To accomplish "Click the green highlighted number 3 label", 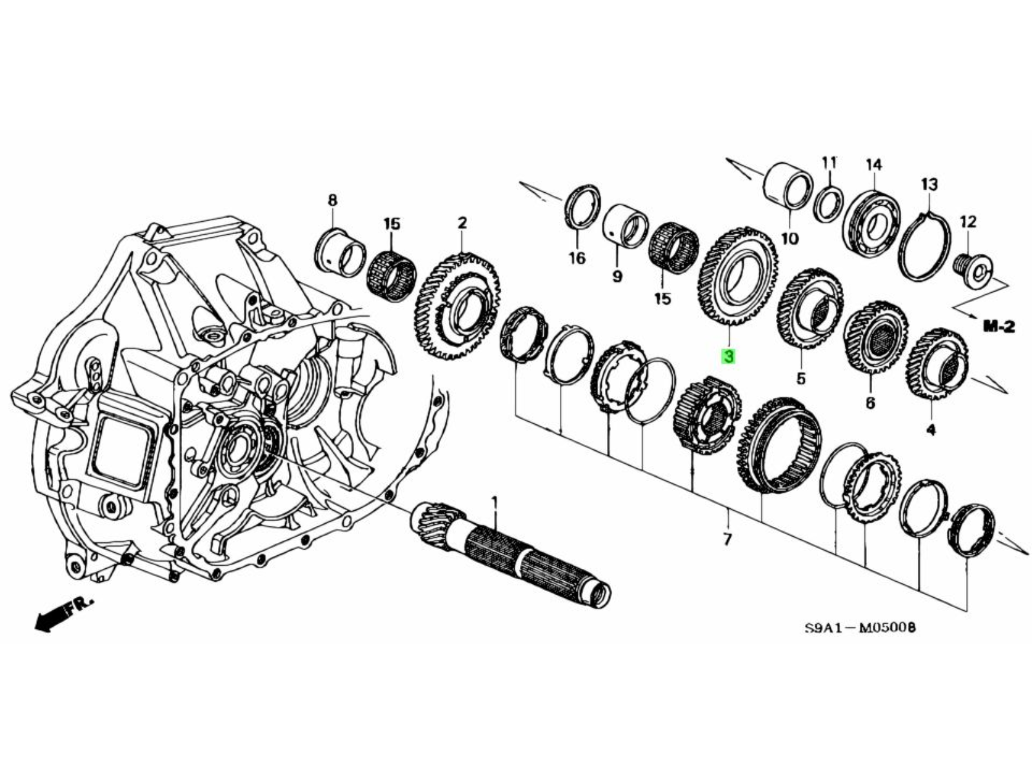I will (x=729, y=355).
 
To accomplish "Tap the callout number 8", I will (x=332, y=201).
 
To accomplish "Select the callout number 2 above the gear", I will (x=462, y=223).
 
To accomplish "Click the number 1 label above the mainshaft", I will (x=495, y=501).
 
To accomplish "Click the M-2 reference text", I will (x=999, y=327).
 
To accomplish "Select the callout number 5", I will (x=800, y=379).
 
